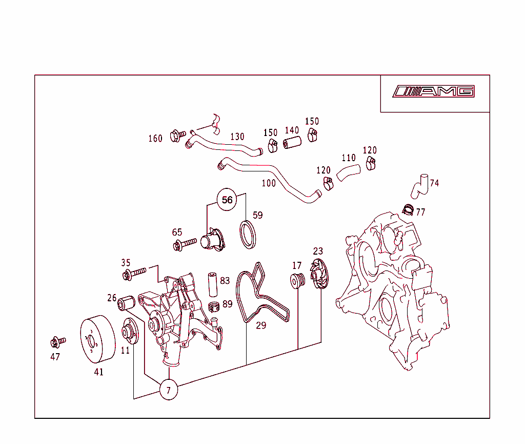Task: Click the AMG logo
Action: pos(434,92)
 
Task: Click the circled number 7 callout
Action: pos(168,390)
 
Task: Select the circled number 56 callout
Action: pos(227,200)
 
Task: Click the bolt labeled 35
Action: pos(134,273)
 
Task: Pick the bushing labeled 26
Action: pos(126,302)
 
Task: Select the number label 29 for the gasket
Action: pos(261,325)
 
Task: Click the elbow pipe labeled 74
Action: pos(419,186)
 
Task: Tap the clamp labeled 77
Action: pos(408,209)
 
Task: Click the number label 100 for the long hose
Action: pos(269,183)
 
